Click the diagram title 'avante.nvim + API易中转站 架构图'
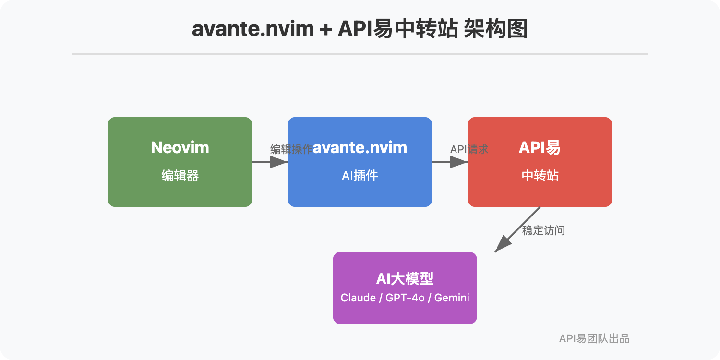(x=360, y=29)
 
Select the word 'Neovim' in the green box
(x=180, y=147)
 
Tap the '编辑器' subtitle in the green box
(x=180, y=176)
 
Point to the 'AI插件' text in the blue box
(x=360, y=176)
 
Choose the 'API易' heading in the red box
(x=540, y=147)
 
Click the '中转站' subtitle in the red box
(x=540, y=176)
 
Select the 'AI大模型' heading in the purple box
(x=405, y=279)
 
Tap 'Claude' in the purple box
(x=358, y=298)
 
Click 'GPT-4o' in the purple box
(x=405, y=298)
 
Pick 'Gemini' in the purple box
(x=452, y=298)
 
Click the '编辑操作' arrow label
(x=291, y=149)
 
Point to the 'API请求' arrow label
(x=469, y=149)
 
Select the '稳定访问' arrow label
(x=543, y=231)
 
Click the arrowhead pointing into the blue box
(x=279, y=162)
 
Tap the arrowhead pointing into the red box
(x=459, y=162)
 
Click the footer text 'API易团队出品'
(x=594, y=338)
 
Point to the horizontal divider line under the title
(x=360, y=54)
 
